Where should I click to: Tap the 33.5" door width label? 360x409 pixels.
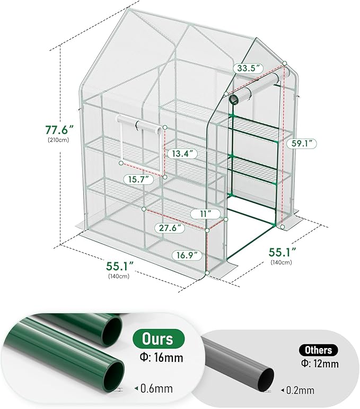click(250, 68)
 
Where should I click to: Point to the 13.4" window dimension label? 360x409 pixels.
click(181, 153)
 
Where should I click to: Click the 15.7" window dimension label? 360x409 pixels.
click(137, 180)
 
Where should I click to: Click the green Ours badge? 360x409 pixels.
click(159, 338)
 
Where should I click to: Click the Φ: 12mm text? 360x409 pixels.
click(319, 364)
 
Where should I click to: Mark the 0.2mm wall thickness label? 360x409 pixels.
click(299, 390)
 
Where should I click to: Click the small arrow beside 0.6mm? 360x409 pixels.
click(137, 389)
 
